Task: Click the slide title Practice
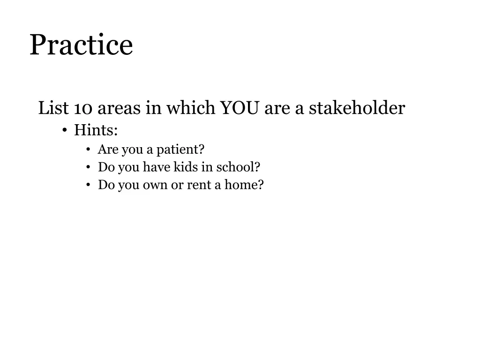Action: click(x=81, y=45)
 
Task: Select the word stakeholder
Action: click(x=357, y=109)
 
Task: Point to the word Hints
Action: click(x=96, y=130)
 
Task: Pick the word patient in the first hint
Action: click(x=180, y=150)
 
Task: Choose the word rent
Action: click(x=199, y=185)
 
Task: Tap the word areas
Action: click(x=119, y=109)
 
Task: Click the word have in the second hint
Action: click(x=156, y=167)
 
